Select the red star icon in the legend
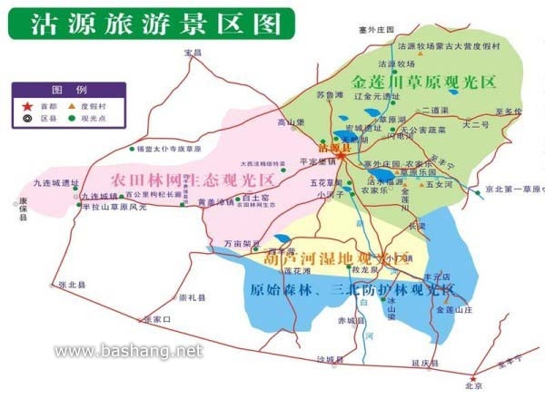(25, 105)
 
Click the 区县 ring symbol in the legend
(25, 118)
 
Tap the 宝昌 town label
(191, 53)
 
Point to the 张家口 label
(156, 319)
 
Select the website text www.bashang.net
(129, 350)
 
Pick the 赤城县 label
(349, 321)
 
